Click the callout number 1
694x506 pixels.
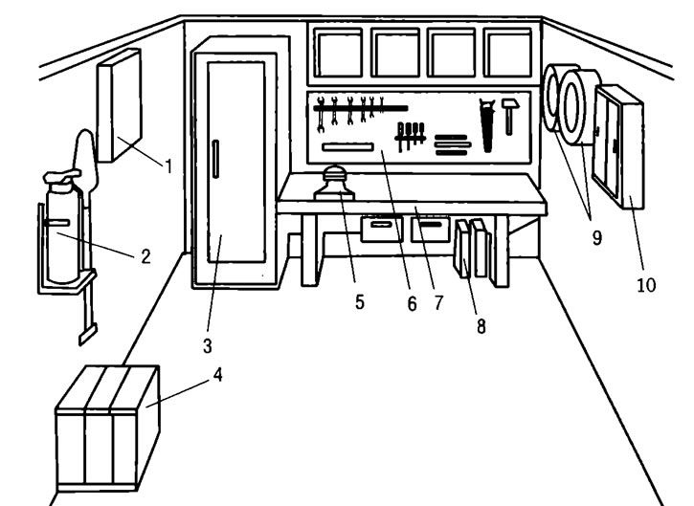point(168,166)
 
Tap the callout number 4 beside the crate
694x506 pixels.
point(217,375)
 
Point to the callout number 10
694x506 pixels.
point(646,285)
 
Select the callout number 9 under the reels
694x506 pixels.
point(597,238)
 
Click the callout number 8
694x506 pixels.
point(481,326)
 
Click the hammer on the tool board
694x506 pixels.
point(510,117)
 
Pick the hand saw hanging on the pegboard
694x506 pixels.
point(487,125)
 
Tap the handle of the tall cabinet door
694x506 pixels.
point(215,159)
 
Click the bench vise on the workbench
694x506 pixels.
point(335,183)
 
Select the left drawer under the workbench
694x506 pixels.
point(382,229)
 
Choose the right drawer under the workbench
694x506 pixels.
point(431,229)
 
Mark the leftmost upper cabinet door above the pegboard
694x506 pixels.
point(338,53)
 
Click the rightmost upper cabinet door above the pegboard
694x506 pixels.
point(507,53)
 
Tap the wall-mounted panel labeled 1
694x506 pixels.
point(120,105)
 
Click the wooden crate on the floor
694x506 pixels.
point(107,429)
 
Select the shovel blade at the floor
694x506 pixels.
point(88,335)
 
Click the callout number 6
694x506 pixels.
point(412,304)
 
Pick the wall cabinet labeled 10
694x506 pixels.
point(618,146)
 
